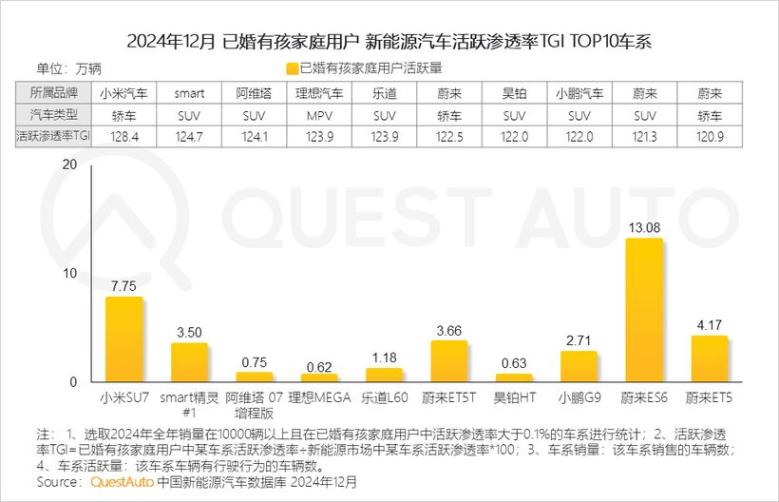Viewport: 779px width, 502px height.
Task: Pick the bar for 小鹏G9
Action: [x=579, y=366]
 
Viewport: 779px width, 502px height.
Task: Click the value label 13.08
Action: [x=644, y=228]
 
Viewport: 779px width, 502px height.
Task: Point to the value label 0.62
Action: [x=319, y=367]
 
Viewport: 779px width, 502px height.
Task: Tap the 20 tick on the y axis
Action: [x=67, y=164]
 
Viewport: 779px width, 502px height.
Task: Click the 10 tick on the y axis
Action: [x=67, y=273]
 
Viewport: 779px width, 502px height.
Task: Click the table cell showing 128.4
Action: [x=123, y=137]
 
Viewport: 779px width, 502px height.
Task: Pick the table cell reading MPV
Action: [x=319, y=115]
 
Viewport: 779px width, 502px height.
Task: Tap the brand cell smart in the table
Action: [x=189, y=93]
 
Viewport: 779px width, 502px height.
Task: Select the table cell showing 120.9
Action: [x=710, y=137]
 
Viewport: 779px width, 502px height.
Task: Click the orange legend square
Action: [x=291, y=68]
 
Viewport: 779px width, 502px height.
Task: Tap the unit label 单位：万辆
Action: [x=68, y=68]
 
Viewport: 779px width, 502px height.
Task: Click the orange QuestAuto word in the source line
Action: [x=123, y=482]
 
